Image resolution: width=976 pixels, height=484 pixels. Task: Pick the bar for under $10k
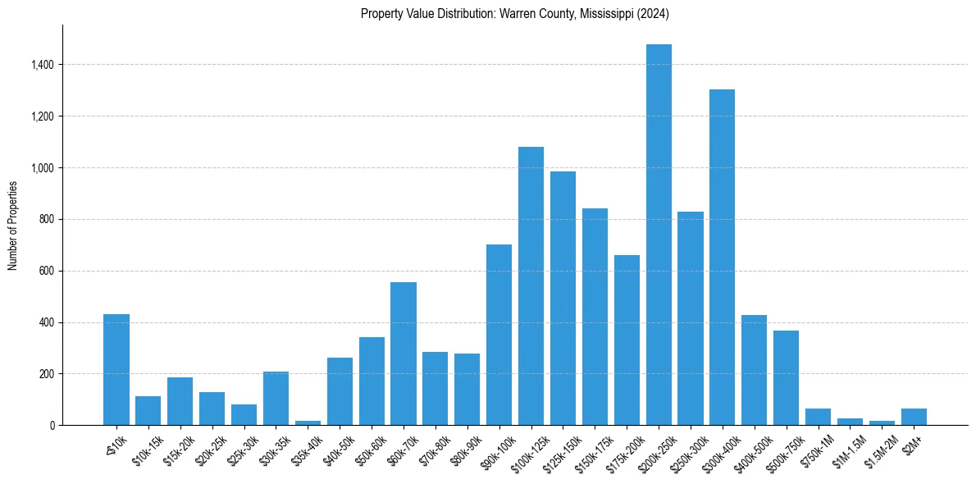tap(116, 369)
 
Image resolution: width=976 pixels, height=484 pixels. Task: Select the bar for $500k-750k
tap(786, 377)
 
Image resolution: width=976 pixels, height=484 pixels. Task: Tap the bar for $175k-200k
tap(627, 340)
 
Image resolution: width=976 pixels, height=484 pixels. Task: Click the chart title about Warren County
tap(516, 14)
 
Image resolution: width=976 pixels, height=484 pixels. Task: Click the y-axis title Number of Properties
tap(13, 226)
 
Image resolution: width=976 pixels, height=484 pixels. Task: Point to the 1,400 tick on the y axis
tap(40, 65)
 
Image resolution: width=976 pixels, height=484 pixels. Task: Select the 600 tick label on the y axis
tap(45, 271)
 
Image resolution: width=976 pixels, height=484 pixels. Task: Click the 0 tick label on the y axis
tap(52, 426)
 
